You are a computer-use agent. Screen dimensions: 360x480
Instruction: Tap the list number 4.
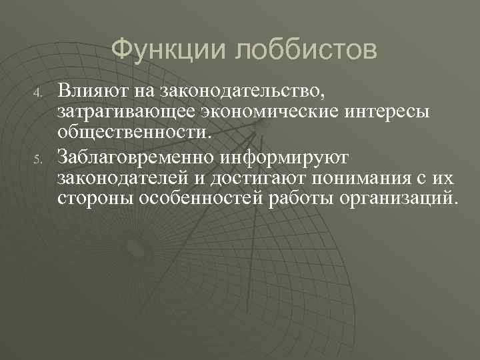39,90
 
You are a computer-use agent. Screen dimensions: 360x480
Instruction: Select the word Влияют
91,87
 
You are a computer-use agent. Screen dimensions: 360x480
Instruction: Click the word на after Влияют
142,87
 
